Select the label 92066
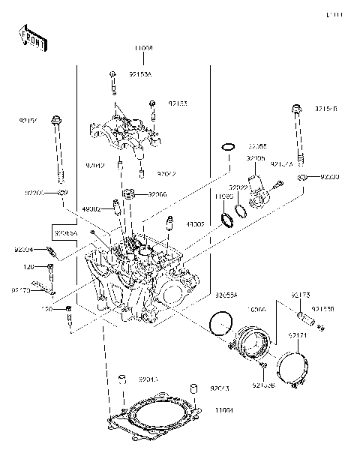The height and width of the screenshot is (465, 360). pyautogui.click(x=157, y=194)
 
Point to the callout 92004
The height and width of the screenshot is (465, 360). pyautogui.click(x=24, y=250)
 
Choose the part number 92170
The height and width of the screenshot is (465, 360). pyautogui.click(x=20, y=289)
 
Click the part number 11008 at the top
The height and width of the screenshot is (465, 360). pyautogui.click(x=145, y=48)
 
